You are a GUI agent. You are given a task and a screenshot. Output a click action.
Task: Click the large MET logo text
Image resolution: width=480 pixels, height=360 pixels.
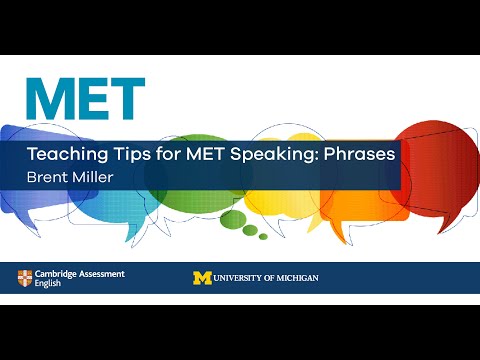85,97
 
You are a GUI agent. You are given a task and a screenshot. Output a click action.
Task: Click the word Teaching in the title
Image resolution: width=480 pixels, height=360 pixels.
69,156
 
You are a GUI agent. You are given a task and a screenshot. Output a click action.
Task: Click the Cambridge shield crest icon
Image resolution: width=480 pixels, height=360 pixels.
24,277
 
